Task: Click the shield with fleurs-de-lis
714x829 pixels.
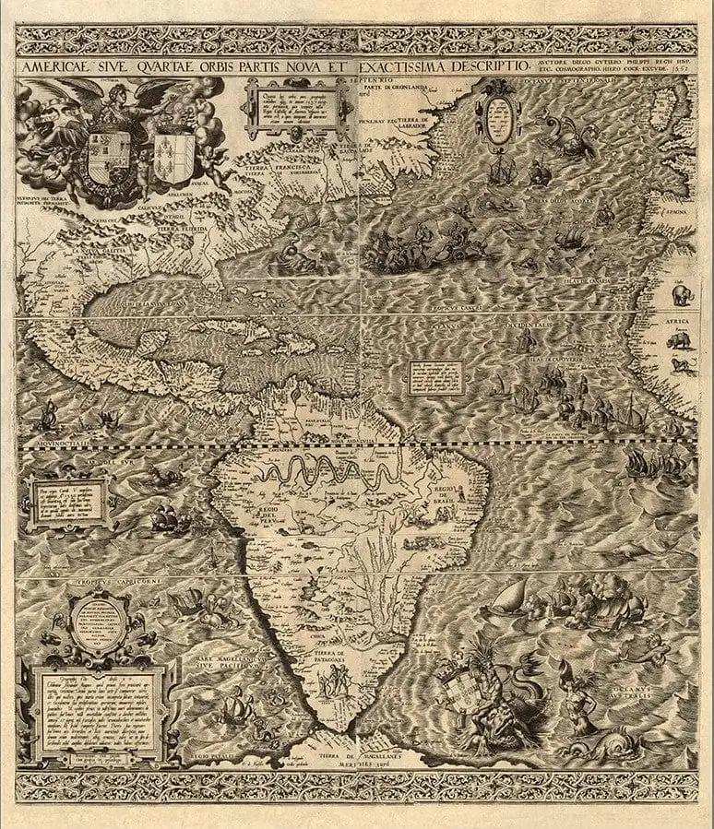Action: [x=173, y=145]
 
